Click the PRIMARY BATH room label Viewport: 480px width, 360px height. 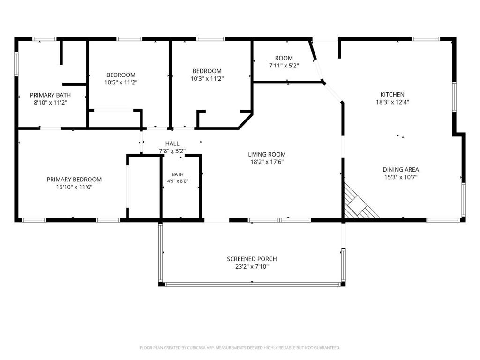pyautogui.click(x=50, y=95)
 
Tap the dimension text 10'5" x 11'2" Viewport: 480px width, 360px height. pyautogui.click(x=121, y=82)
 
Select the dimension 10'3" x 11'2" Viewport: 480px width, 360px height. pyautogui.click(x=207, y=79)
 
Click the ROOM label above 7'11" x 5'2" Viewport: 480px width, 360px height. pyautogui.click(x=284, y=58)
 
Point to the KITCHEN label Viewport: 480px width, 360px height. pyautogui.click(x=392, y=95)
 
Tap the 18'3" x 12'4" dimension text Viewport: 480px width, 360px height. pyautogui.click(x=392, y=102)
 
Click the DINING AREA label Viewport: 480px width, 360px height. pyautogui.click(x=401, y=170)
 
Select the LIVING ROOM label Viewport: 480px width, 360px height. pyautogui.click(x=267, y=155)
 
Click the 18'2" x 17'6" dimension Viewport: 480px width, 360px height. pyautogui.click(x=267, y=162)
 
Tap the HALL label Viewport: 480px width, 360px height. pyautogui.click(x=172, y=143)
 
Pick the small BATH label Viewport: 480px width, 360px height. pyautogui.click(x=178, y=174)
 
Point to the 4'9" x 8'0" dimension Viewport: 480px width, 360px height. pyautogui.click(x=178, y=181)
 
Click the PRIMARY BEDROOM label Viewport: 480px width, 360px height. pyautogui.click(x=74, y=180)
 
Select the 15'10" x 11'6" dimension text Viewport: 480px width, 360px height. pyautogui.click(x=74, y=187)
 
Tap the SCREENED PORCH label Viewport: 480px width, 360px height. pyautogui.click(x=252, y=259)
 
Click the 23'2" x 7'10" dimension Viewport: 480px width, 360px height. pyautogui.click(x=252, y=267)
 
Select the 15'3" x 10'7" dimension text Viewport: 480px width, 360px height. pyautogui.click(x=401, y=177)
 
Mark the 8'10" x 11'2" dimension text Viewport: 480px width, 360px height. pyautogui.click(x=50, y=103)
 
